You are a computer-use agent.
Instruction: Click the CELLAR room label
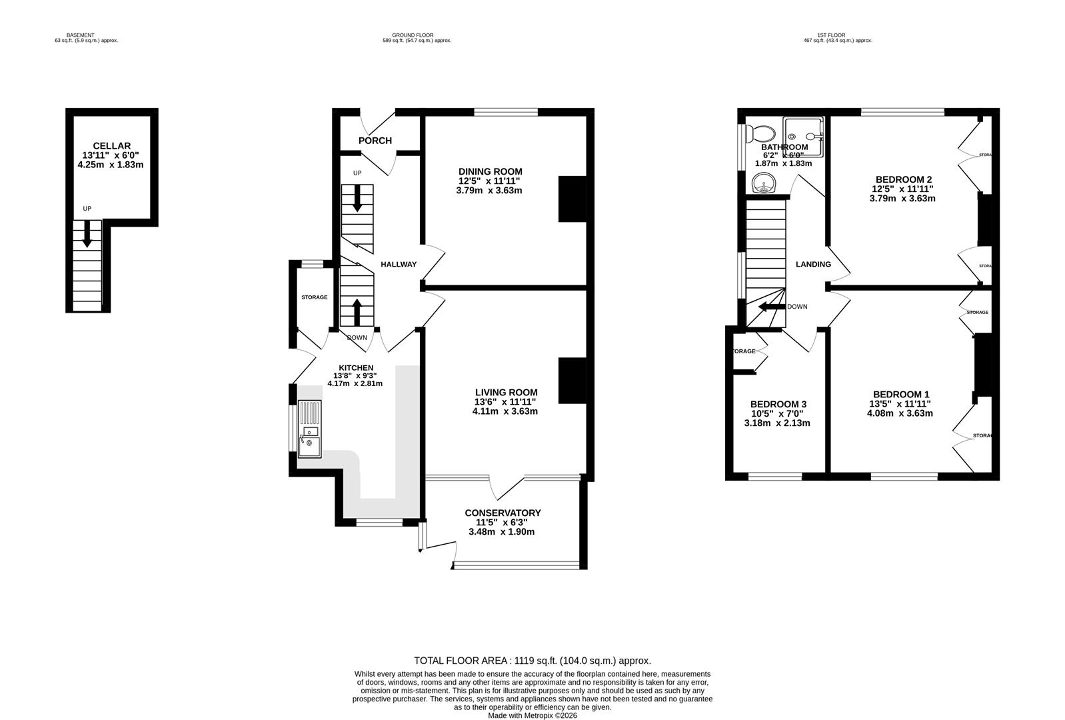111,145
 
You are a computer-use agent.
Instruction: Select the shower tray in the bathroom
802,136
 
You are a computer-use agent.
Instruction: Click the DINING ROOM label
490,171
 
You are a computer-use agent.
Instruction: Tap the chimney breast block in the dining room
571,198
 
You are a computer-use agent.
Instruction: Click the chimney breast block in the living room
571,381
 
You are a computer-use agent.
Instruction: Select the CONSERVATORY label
503,513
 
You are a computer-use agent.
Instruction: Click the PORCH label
375,141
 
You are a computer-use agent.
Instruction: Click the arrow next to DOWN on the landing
772,307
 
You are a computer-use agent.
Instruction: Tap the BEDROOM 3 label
778,404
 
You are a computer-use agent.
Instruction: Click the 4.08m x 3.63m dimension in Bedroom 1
900,413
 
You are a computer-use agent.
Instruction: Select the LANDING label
813,264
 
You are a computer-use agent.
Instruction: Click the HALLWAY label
399,264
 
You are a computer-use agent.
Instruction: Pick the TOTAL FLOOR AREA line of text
532,661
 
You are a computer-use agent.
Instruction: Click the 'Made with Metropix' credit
532,715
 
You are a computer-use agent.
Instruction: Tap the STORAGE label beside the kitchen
314,297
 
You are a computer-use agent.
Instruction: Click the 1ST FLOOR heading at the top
837,35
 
